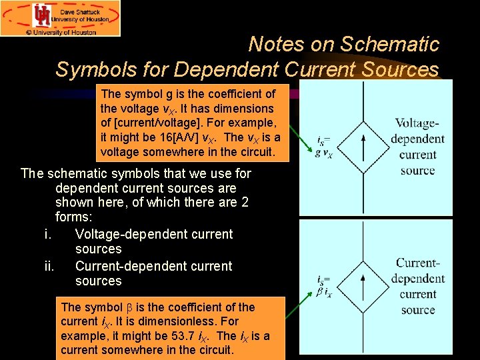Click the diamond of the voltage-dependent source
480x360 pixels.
362,147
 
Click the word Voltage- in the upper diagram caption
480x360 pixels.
417,123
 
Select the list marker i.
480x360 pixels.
47,234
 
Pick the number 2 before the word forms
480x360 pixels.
244,202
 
